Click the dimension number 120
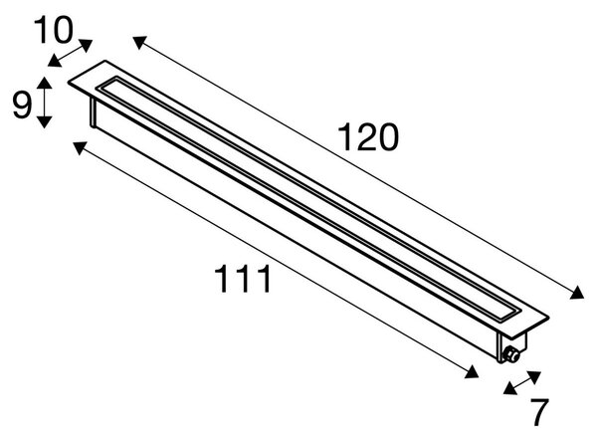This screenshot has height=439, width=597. (x=368, y=137)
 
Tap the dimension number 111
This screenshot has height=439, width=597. (x=243, y=279)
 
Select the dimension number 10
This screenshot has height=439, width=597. (x=53, y=30)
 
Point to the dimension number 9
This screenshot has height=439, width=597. (x=21, y=105)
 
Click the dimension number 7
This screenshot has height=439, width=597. (x=539, y=412)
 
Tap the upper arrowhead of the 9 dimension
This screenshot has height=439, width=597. (x=45, y=83)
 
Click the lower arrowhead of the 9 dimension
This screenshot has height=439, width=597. (x=45, y=121)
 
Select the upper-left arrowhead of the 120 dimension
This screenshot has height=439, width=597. (x=139, y=42)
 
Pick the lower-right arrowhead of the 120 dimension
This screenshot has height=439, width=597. (x=577, y=293)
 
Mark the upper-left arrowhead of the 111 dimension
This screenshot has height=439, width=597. (x=80, y=147)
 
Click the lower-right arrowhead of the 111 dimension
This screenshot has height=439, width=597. (x=472, y=371)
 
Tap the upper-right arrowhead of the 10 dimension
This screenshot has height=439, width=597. (x=86, y=45)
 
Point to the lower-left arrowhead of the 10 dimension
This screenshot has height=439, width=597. (x=55, y=61)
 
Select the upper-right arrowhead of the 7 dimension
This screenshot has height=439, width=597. (x=534, y=377)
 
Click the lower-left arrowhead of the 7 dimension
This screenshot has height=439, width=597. (x=510, y=388)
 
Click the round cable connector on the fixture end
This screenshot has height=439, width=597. (x=510, y=355)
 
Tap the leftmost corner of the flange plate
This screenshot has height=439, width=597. (x=69, y=82)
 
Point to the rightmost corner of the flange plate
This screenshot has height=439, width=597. (x=549, y=317)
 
